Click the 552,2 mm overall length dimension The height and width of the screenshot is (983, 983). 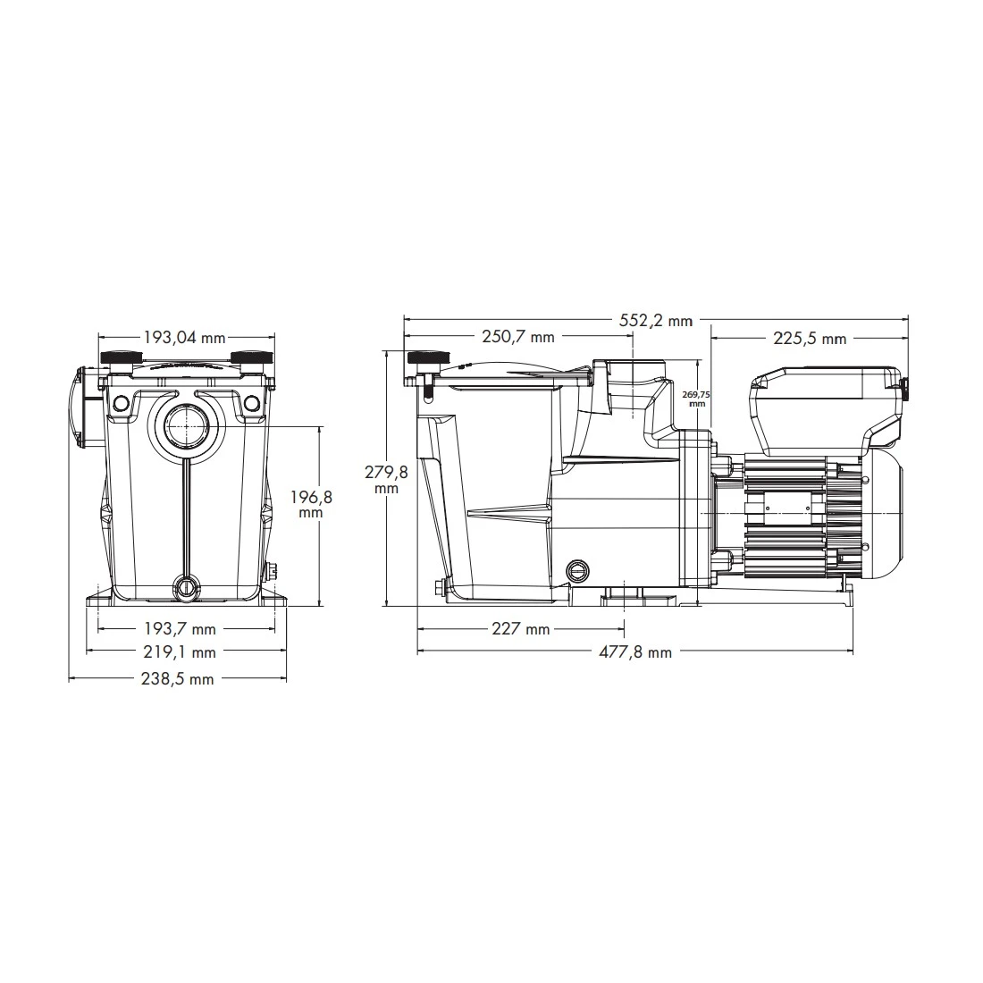point(657,321)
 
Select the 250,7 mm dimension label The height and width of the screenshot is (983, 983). point(518,337)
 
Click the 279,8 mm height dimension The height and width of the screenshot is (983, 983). point(385,480)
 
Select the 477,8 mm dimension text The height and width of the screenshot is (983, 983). point(634,652)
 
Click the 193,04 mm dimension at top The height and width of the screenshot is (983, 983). point(185,338)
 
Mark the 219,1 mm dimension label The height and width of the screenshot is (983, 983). point(185,652)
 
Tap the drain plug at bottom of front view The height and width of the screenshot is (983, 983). point(186,587)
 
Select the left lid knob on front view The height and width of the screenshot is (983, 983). point(120,358)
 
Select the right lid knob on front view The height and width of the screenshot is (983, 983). point(251,358)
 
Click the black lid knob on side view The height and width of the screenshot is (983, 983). point(425,358)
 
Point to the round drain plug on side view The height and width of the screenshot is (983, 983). point(578,569)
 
